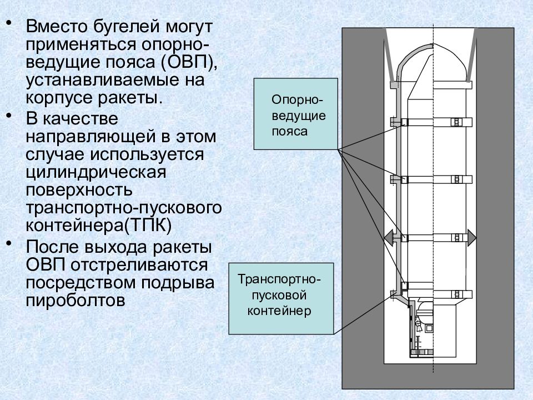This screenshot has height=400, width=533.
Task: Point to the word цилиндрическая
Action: (x=96, y=172)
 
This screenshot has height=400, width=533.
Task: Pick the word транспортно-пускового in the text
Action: (x=124, y=207)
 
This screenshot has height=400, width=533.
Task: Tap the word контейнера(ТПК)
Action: (x=99, y=226)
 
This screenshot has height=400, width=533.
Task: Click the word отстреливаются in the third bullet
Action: (x=139, y=264)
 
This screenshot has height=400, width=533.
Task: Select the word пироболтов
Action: (x=76, y=301)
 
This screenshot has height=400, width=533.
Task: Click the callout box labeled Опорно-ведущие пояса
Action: (x=296, y=114)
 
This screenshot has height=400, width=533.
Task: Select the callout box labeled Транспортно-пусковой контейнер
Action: (x=281, y=299)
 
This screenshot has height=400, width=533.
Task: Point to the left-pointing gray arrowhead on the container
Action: (x=389, y=238)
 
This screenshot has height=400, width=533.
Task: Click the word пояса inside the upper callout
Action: (x=290, y=132)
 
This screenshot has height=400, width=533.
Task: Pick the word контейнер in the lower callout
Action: (x=279, y=311)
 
